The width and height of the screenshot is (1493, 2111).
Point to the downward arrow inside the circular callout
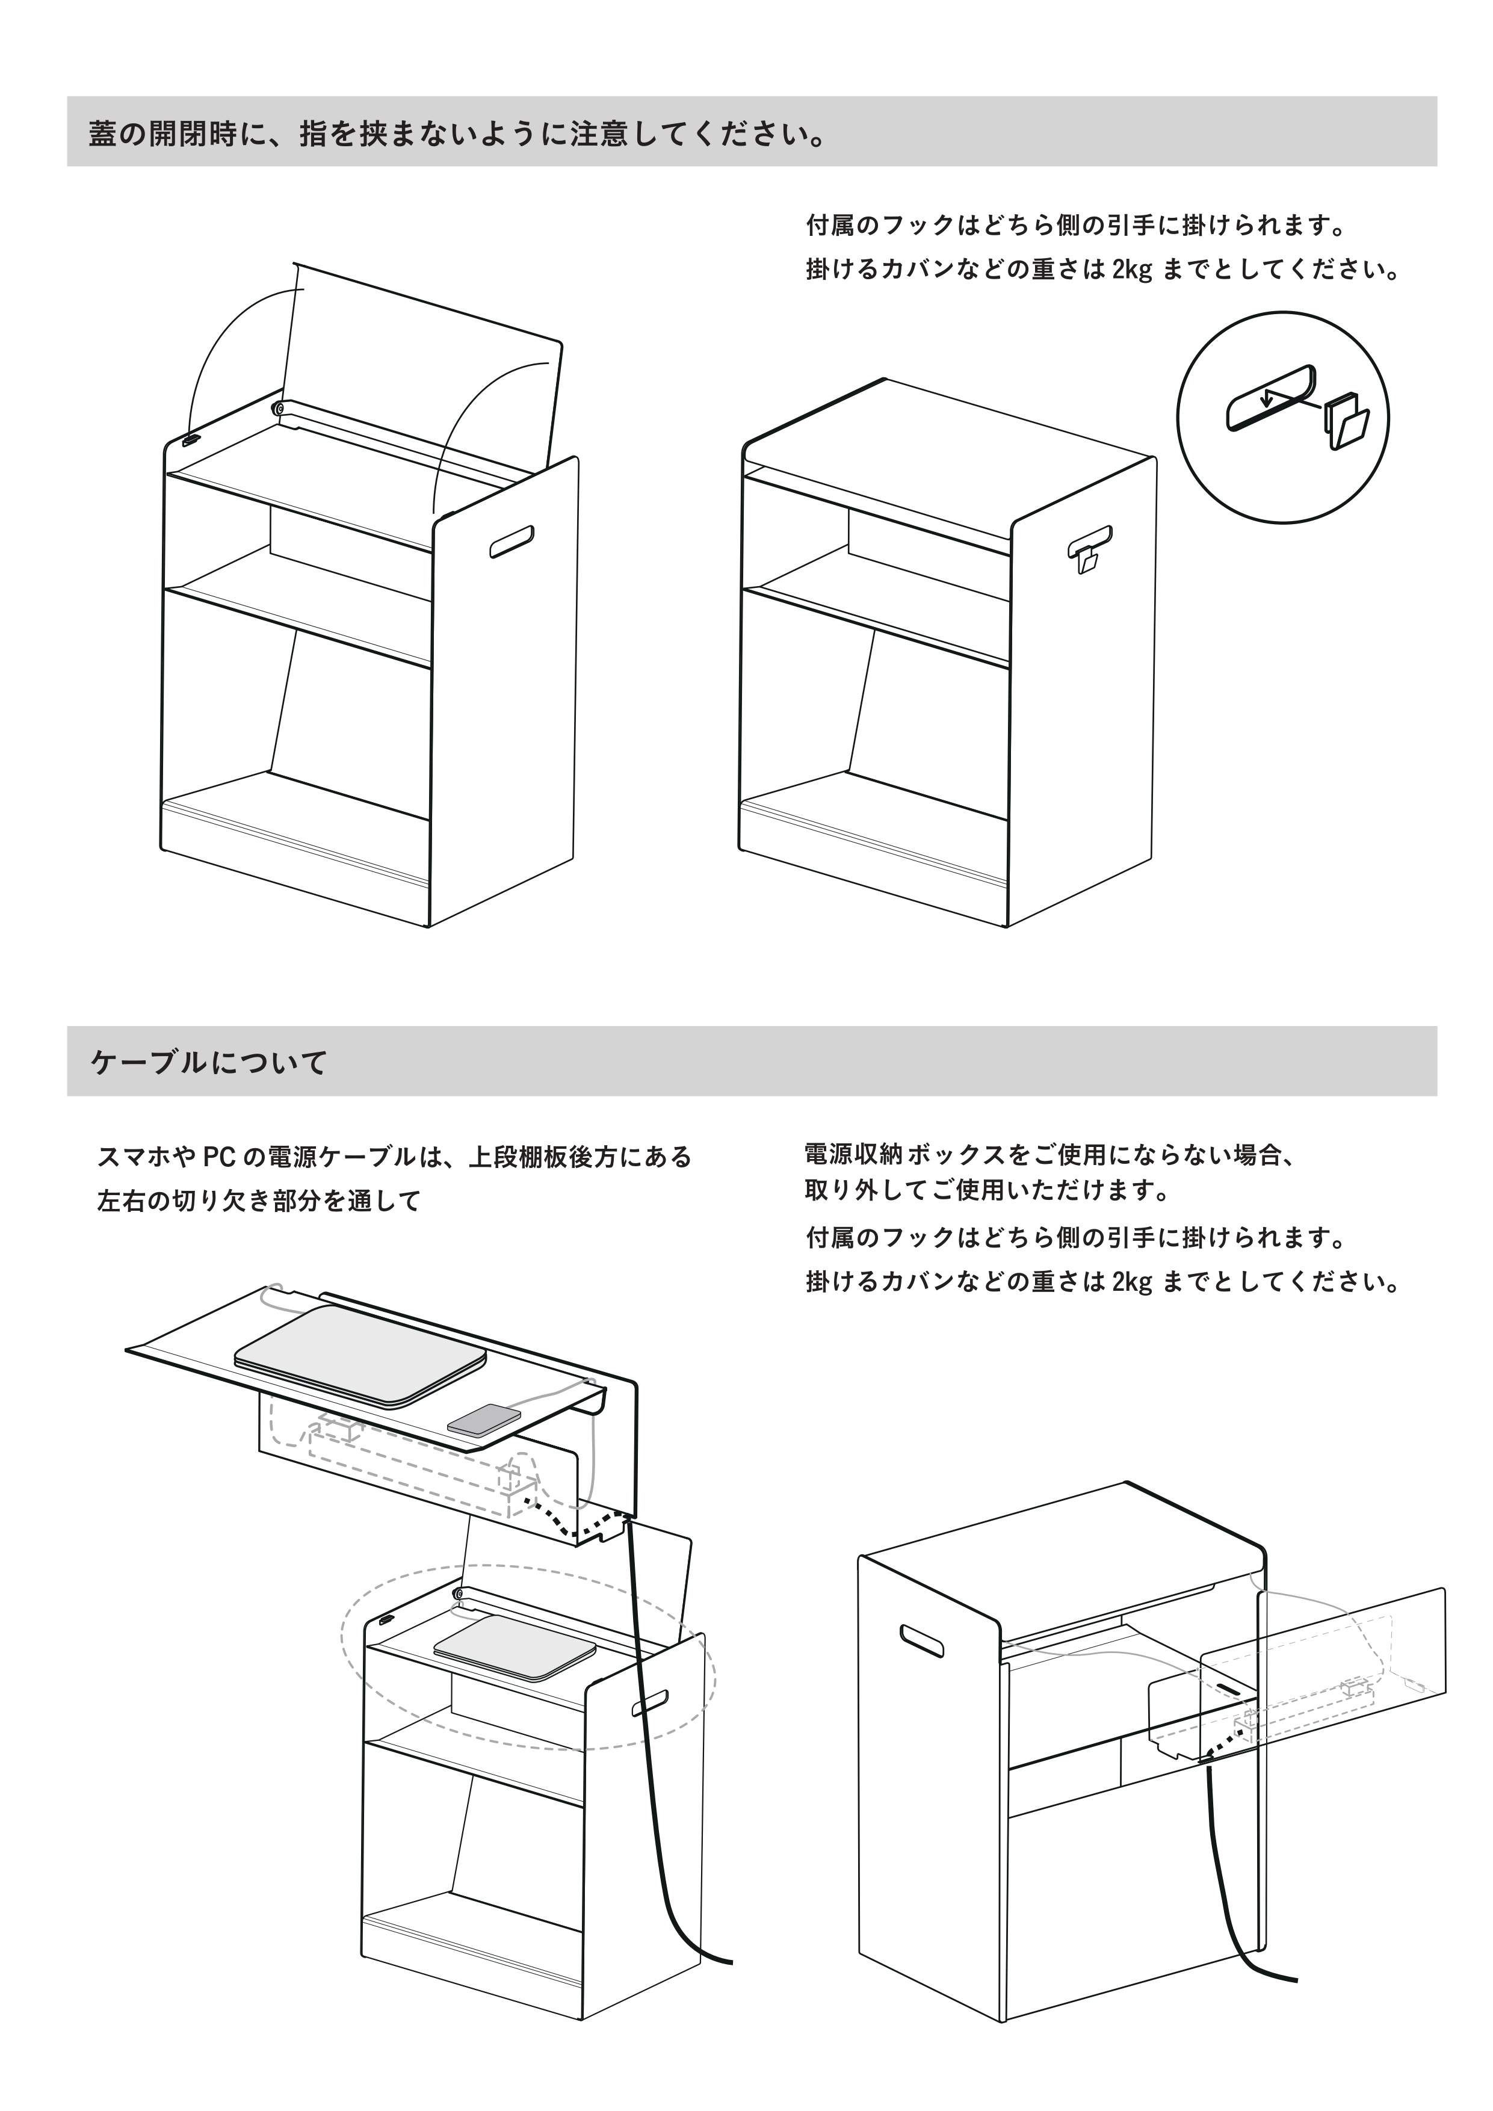(x=1267, y=398)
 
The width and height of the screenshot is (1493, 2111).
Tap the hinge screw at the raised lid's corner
(x=277, y=407)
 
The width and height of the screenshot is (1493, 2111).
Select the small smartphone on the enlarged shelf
(x=484, y=1421)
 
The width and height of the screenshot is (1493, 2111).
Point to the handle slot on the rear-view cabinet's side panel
(x=922, y=1641)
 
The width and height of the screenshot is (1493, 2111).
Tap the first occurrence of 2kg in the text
(x=1131, y=271)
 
